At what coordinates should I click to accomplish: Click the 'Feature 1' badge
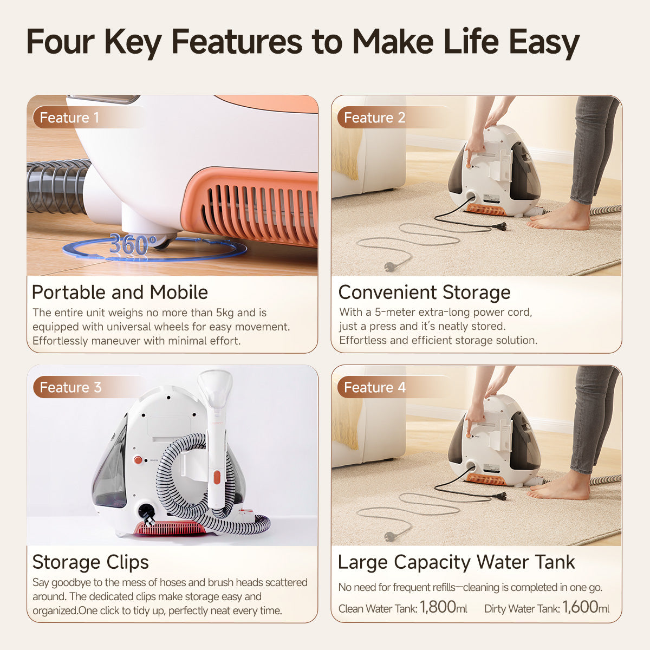(69, 118)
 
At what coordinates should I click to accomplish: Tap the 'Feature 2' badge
(374, 118)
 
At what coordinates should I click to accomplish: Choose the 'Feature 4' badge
(374, 387)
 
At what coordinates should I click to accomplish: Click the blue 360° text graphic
(133, 245)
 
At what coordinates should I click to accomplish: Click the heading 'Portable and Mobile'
(120, 292)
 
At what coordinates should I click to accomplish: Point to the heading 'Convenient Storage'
(424, 292)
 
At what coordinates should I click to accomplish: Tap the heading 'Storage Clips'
(90, 562)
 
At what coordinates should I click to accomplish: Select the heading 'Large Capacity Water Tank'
(456, 562)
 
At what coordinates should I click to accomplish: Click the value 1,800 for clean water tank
(438, 607)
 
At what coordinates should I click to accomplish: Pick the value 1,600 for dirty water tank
(580, 607)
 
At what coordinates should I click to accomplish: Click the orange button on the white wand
(217, 477)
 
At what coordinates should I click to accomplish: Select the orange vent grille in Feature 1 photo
(255, 206)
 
